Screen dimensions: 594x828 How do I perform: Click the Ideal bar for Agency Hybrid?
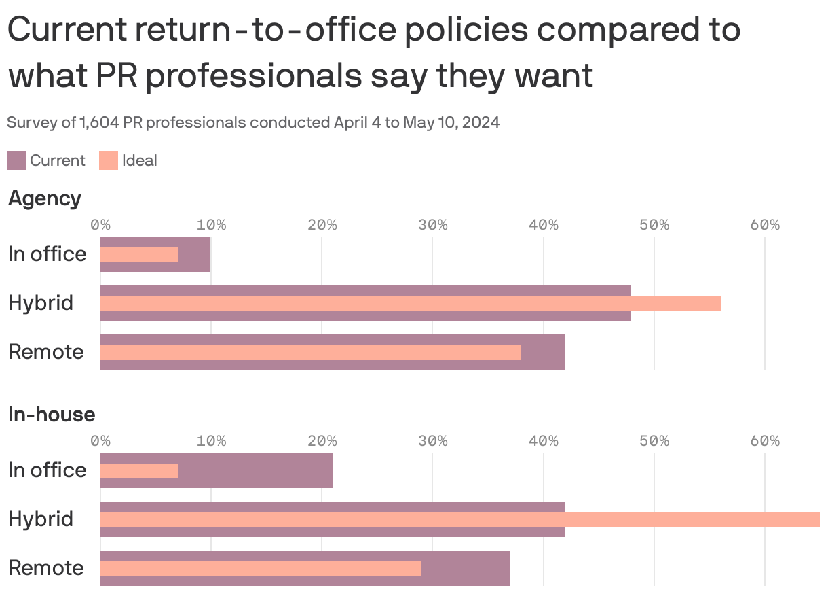[x=410, y=303]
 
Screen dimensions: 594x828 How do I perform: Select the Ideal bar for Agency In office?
[x=139, y=255]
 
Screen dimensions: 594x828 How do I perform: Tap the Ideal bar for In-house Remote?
[x=260, y=569]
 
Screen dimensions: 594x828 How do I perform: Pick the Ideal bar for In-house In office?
[x=139, y=471]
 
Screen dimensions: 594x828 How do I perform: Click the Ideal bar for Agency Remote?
[x=310, y=353]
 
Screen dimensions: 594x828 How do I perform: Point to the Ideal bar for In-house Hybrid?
[x=459, y=520]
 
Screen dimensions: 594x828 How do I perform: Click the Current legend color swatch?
[x=16, y=160]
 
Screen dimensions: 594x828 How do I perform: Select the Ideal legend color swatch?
[x=108, y=160]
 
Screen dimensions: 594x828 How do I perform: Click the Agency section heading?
[x=45, y=198]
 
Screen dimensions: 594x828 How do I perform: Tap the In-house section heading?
[x=52, y=415]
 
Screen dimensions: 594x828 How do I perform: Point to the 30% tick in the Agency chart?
[x=432, y=225]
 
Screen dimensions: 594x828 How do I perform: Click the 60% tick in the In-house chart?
[x=765, y=441]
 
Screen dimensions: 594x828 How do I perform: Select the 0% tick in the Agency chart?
[x=100, y=225]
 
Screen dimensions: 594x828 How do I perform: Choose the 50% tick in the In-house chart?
[x=654, y=441]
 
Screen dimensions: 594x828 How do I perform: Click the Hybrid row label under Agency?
[x=41, y=303]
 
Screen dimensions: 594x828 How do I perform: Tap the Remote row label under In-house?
[x=46, y=568]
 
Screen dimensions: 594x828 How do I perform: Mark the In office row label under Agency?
[x=48, y=254]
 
